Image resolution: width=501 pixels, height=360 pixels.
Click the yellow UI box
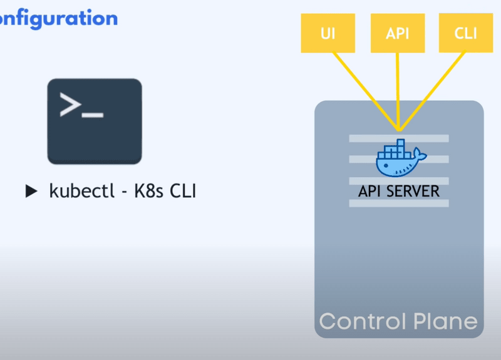327,33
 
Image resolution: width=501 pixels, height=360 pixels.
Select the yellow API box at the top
397,33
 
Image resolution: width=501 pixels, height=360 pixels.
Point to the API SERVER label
399,192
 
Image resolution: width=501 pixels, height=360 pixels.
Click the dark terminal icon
95,121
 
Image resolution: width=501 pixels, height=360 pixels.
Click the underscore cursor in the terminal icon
93,115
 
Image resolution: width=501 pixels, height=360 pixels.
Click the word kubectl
79,191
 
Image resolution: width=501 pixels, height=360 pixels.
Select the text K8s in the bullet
150,191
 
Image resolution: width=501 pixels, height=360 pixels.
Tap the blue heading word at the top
59,18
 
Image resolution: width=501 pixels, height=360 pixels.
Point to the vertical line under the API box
398,88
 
